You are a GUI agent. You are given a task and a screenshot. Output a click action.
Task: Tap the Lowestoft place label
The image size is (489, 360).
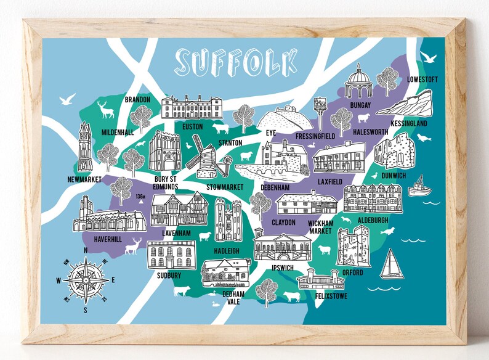point(424,80)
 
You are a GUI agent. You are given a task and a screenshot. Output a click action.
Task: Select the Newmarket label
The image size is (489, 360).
point(84,180)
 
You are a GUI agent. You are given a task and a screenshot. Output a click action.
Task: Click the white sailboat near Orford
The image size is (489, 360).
point(390,264)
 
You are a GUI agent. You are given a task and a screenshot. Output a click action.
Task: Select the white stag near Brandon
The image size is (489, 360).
point(107,109)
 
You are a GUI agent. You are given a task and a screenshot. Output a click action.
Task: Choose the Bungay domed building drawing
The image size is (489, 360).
point(358,82)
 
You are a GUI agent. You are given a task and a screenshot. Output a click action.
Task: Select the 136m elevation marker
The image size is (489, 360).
point(140,197)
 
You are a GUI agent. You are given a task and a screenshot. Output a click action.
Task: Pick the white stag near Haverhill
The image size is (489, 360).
point(134,245)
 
